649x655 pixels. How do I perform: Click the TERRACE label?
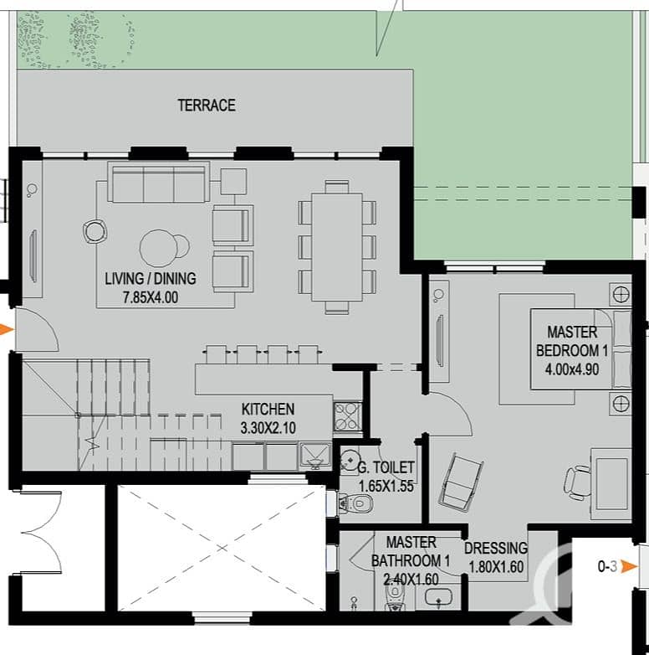(207, 106)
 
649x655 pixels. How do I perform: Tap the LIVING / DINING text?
(151, 278)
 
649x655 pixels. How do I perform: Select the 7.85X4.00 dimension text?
(151, 297)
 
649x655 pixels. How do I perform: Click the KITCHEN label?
(268, 409)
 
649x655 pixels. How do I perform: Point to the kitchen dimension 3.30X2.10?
(268, 428)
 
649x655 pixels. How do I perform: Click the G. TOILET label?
(386, 467)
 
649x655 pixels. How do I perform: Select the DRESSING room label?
(496, 548)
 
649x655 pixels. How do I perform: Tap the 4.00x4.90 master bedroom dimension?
(572, 369)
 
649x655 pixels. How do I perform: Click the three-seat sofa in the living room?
(159, 182)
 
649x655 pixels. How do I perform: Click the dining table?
(336, 247)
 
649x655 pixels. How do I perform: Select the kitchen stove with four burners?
(347, 416)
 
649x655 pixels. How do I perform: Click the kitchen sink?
(315, 455)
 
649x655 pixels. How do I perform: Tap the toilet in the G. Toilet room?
(355, 503)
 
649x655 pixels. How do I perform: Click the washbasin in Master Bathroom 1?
(438, 596)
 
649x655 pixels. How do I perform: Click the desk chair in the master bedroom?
(577, 482)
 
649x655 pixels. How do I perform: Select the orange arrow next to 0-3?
(630, 567)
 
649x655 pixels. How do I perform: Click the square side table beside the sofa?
(233, 181)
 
